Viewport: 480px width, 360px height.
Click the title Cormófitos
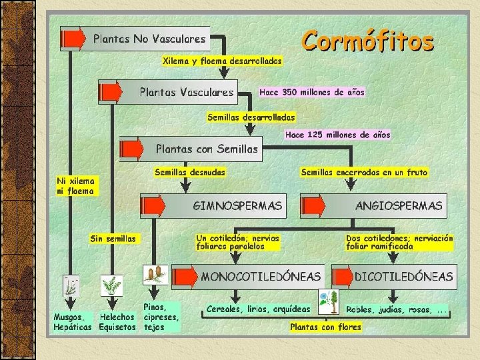point(367,41)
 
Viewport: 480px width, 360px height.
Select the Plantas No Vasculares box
point(149,39)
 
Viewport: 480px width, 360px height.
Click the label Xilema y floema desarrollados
point(222,61)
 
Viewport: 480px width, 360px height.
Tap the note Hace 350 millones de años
point(312,92)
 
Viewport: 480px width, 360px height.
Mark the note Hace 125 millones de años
point(337,135)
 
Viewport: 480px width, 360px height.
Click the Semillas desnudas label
point(190,172)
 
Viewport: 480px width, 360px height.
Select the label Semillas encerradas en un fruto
point(364,172)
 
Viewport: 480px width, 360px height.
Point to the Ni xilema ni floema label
point(76,185)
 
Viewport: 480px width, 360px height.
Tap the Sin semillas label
point(113,238)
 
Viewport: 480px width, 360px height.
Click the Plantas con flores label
point(325,327)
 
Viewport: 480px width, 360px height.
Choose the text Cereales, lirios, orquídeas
point(258,309)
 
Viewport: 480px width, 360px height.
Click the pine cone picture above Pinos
point(155,275)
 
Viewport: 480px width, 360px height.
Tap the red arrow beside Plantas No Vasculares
point(73,39)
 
